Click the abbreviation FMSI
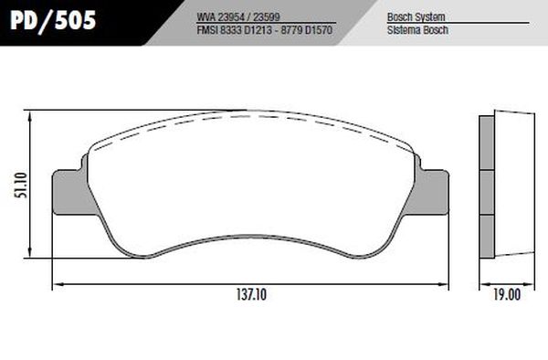207,29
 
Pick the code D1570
312,29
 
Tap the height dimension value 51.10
20,187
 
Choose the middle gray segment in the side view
487,193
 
